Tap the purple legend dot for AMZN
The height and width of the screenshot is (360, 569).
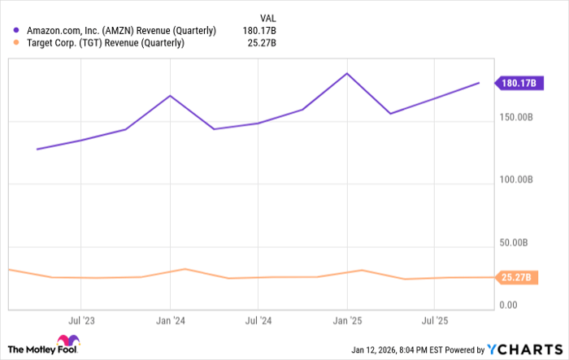17,31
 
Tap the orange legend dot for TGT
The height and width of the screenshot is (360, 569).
17,43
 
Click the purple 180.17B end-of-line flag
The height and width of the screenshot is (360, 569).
517,83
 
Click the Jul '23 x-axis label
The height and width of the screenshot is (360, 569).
80,321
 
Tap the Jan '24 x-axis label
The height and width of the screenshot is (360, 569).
170,321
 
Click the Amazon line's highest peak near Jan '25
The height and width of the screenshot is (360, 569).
348,73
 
